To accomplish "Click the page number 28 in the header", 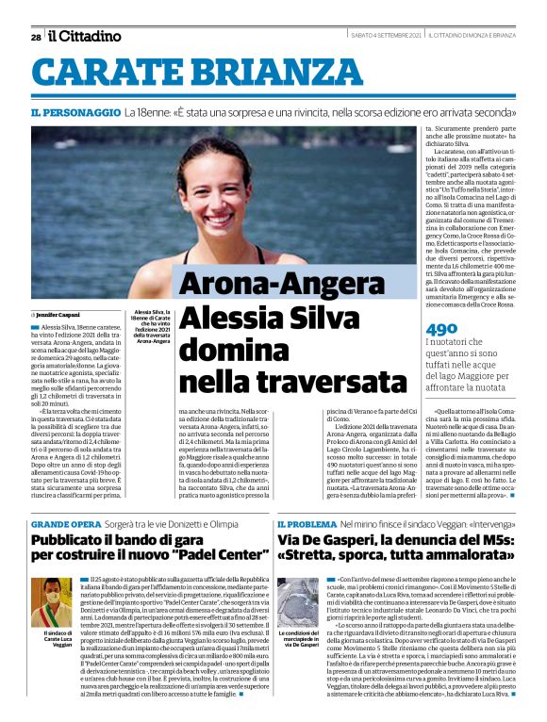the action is [36, 37].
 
